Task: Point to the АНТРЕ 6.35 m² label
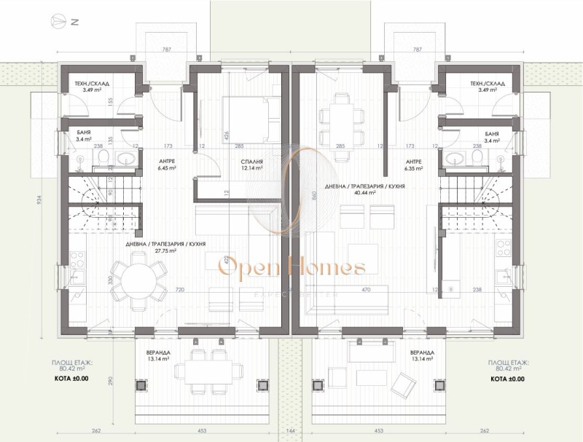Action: (x=413, y=165)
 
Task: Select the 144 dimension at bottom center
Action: (x=291, y=430)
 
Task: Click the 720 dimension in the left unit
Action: (x=180, y=290)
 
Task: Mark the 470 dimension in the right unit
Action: (x=367, y=290)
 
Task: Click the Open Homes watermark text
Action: (x=291, y=268)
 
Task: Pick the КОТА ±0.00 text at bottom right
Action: (x=508, y=379)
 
